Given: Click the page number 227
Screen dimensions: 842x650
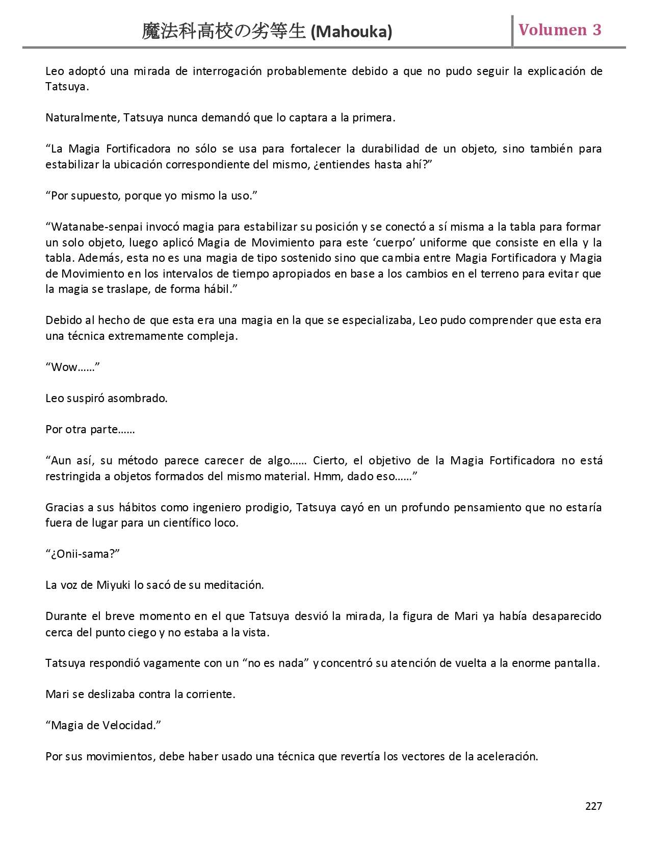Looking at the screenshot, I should [593, 806].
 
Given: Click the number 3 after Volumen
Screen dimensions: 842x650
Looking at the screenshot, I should [596, 30].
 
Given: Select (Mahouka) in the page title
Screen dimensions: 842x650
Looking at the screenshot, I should [351, 32].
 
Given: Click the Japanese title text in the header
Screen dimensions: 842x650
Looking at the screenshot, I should [224, 32].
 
